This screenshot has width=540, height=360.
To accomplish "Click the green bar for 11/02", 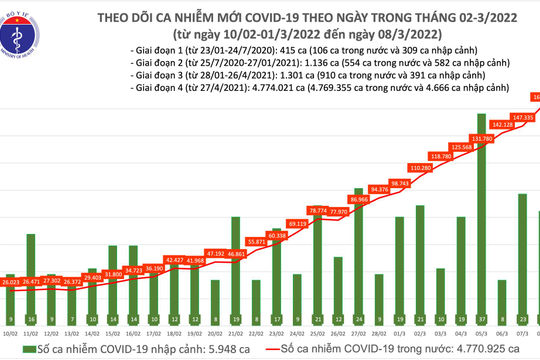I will pyautogui.click(x=33, y=300).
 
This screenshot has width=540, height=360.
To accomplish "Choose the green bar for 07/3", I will pyautogui.click(x=523, y=260).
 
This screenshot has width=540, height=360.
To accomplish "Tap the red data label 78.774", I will pyautogui.click(x=319, y=210).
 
